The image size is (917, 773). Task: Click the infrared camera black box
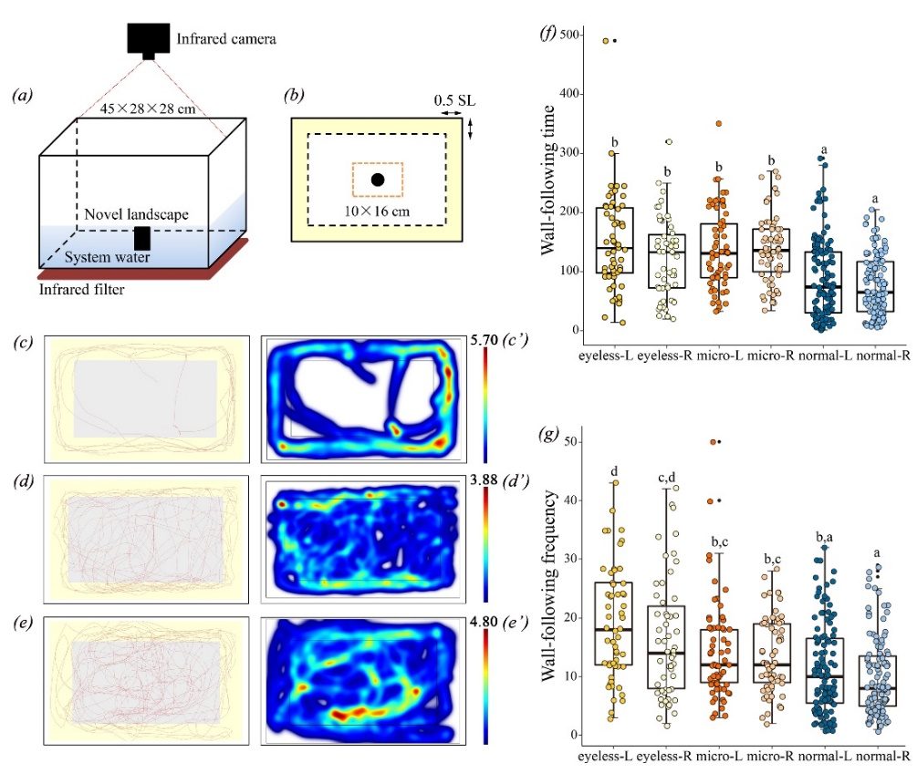(148, 37)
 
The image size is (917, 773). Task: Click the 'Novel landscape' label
(137, 215)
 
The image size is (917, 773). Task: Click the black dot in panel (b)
(377, 180)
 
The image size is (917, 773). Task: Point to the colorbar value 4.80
(495, 625)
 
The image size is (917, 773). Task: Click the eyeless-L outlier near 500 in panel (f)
(606, 40)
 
